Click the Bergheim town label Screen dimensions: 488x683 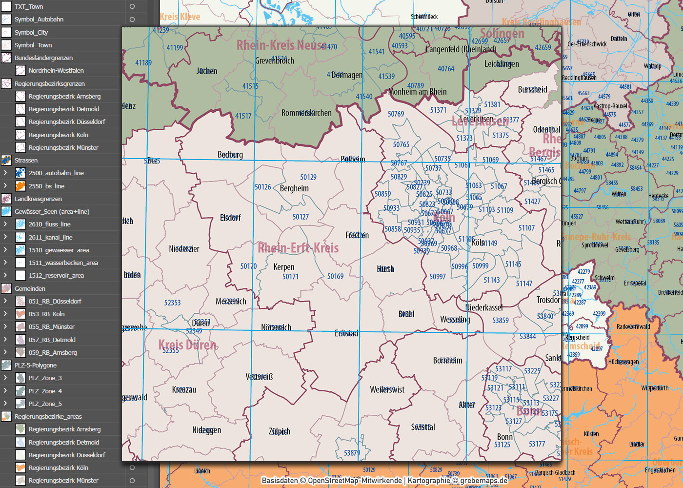pyautogui.click(x=294, y=188)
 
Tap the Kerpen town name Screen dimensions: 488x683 pyautogui.click(x=284, y=267)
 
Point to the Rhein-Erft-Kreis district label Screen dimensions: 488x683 pyautogui.click(x=298, y=248)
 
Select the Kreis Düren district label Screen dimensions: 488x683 pyautogui.click(x=187, y=345)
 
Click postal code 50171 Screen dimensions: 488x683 pyautogui.click(x=290, y=277)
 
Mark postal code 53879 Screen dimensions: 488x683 pyautogui.click(x=352, y=453)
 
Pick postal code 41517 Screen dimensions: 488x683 pyautogui.click(x=243, y=116)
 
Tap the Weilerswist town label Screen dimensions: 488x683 pyautogui.click(x=387, y=389)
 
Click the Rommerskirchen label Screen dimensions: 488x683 pyautogui.click(x=306, y=113)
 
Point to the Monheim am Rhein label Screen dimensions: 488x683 pyautogui.click(x=418, y=92)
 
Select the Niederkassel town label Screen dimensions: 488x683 pyautogui.click(x=484, y=307)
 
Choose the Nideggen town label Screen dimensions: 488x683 pyautogui.click(x=206, y=430)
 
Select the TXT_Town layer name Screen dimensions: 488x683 pyautogui.click(x=29, y=7)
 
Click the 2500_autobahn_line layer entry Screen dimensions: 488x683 pyautogui.click(x=56, y=173)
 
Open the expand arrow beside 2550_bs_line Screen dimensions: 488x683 pyautogui.click(x=5, y=186)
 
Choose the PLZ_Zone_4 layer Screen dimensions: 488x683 pyautogui.click(x=45, y=391)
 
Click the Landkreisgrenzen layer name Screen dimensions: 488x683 pyautogui.click(x=38, y=199)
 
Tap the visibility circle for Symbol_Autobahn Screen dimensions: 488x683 pyautogui.click(x=132, y=20)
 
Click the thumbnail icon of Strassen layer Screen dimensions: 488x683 pyautogui.click(x=6, y=160)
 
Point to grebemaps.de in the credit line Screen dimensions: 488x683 pyautogui.click(x=483, y=481)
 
